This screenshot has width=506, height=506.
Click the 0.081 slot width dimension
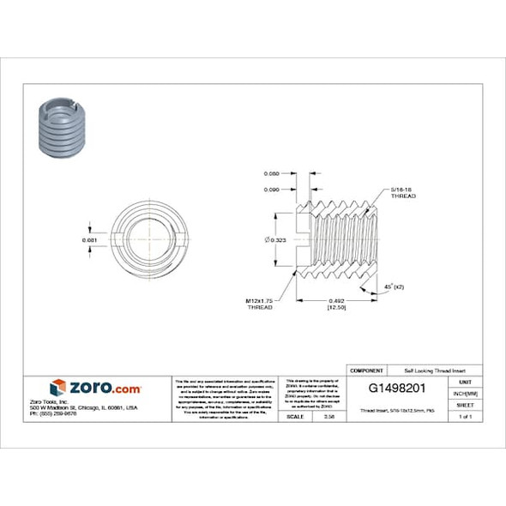point(89,239)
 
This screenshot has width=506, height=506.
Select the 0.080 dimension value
point(272,173)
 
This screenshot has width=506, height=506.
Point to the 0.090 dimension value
point(272,189)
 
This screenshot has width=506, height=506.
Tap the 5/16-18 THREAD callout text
point(403,192)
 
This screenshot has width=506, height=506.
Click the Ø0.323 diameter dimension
point(276,239)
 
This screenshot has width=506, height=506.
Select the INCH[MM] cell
point(466,393)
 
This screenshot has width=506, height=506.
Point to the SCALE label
point(294,417)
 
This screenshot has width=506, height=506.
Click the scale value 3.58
point(329,417)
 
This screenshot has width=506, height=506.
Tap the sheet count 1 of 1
point(466,417)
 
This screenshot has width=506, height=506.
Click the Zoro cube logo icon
point(57,388)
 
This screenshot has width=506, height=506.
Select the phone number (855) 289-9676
point(55,413)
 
